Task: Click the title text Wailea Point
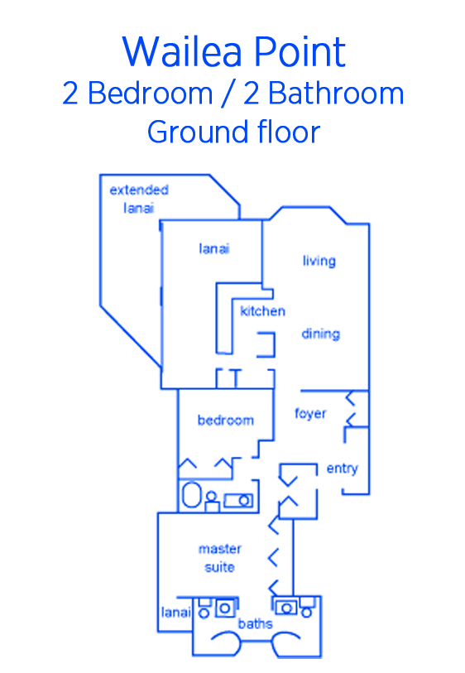coord(234,51)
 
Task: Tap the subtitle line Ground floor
coord(234,132)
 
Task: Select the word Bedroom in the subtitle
coord(150,94)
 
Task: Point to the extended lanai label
coord(138,199)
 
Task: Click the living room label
coord(319,261)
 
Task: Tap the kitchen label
coord(262,310)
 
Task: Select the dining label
coord(321,334)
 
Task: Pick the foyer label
coord(310,413)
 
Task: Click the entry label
coord(342,469)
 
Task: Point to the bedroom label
coord(226,420)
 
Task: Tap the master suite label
coord(219,558)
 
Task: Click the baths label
coord(255,623)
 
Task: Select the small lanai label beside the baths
coord(176,612)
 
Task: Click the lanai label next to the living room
coord(214,248)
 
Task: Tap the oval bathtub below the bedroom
coord(191,495)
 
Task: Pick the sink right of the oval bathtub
coord(238,501)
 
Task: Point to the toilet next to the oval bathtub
coord(212,502)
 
